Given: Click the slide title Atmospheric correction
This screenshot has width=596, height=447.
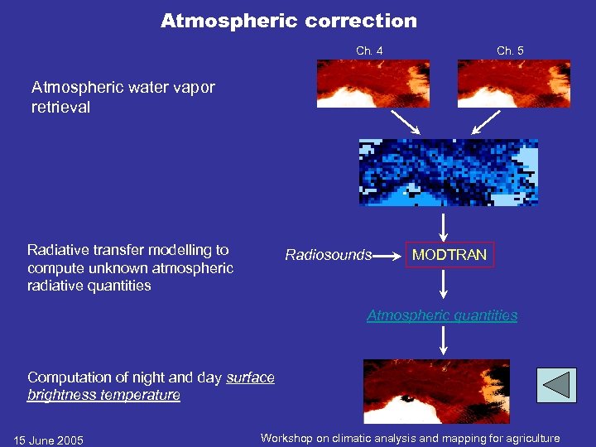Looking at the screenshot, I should click(x=289, y=21).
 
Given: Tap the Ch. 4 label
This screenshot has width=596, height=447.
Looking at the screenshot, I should click(x=369, y=51).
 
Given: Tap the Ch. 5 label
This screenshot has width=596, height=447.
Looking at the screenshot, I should click(x=510, y=51).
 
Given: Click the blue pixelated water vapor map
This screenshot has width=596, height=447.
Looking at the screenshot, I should click(x=448, y=172).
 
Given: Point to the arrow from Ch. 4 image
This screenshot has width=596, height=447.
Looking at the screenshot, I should click(x=405, y=123).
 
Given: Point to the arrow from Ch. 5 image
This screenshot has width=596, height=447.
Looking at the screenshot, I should click(x=486, y=123).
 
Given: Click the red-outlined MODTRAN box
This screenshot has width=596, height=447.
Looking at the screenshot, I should click(x=449, y=255).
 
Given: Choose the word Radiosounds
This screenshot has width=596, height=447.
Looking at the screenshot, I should click(x=328, y=255).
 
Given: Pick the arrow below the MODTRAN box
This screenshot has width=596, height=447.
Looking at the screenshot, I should click(x=445, y=284).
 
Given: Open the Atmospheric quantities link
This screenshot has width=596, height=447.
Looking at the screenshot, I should click(x=442, y=315).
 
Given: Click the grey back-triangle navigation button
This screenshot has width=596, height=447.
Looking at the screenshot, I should click(x=555, y=386).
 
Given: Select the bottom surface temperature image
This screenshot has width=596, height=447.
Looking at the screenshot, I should click(x=436, y=391).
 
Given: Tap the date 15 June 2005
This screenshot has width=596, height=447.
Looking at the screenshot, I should click(x=49, y=440).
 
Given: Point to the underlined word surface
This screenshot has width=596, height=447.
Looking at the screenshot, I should click(x=250, y=377).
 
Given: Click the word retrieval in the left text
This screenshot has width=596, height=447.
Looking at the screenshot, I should click(x=60, y=107).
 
